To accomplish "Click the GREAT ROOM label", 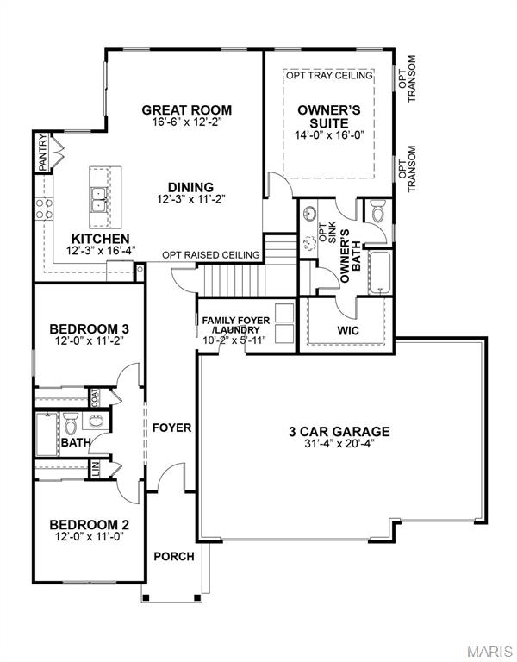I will [x=187, y=109].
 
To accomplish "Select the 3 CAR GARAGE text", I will [x=339, y=431].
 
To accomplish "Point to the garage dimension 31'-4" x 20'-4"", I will [x=339, y=445].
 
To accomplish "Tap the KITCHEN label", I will [x=101, y=239].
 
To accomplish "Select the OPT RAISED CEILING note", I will [x=211, y=255].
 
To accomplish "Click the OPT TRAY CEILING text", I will [x=329, y=76].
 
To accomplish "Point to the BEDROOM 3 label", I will [x=89, y=328].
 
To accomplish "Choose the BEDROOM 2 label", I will [x=89, y=524].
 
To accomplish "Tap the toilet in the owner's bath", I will [x=377, y=209].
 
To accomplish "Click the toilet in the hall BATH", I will [x=72, y=423].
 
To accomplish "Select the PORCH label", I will [x=173, y=556].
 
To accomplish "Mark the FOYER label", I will [x=171, y=428].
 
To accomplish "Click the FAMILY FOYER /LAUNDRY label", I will [x=235, y=326].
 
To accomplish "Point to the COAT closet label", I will [x=94, y=397].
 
